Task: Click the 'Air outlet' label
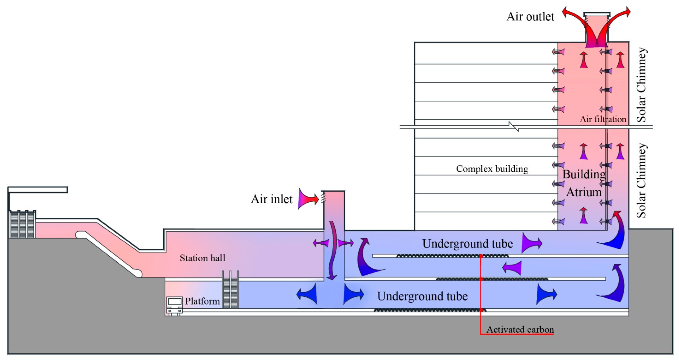tap(530, 17)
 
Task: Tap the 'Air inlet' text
tap(271, 199)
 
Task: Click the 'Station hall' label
tap(202, 258)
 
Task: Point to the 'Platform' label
tap(202, 301)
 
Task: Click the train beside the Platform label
tap(174, 306)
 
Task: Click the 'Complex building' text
tap(492, 169)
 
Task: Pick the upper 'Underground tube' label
tap(467, 244)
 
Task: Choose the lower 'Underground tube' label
tap(422, 296)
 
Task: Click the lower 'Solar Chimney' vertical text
tap(642, 180)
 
